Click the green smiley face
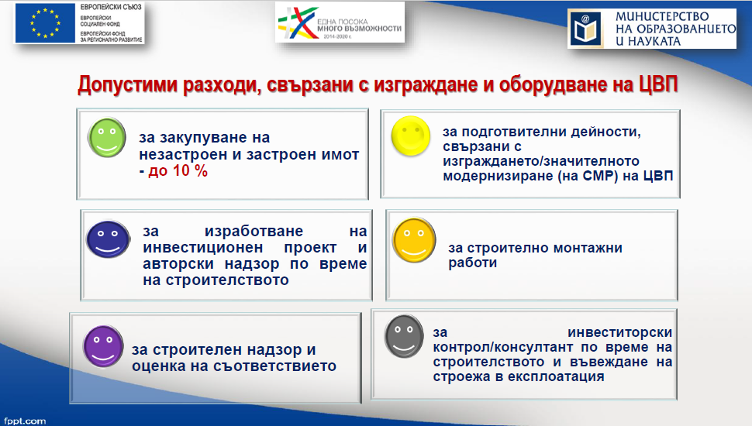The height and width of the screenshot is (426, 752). coord(107,138)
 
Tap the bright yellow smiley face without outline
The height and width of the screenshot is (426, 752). coord(411,136)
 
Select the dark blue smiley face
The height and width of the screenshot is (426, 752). coord(108,239)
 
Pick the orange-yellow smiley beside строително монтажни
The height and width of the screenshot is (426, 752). coord(414,240)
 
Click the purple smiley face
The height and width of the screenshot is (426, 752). coord(103,346)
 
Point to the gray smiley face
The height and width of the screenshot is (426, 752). coord(404,336)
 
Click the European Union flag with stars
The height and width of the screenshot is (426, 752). coord(45,23)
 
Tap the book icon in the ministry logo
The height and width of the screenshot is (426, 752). coord(585,29)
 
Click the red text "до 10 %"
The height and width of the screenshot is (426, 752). coord(178,170)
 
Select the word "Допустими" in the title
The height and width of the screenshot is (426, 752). coord(128,85)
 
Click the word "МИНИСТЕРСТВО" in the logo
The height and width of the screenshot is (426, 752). coord(662,17)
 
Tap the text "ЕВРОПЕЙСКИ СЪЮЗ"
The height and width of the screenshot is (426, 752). coord(111,7)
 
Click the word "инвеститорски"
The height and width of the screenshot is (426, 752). coord(619,332)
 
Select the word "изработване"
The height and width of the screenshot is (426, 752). coord(254,231)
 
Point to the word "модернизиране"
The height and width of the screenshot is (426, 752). coord(498,177)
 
